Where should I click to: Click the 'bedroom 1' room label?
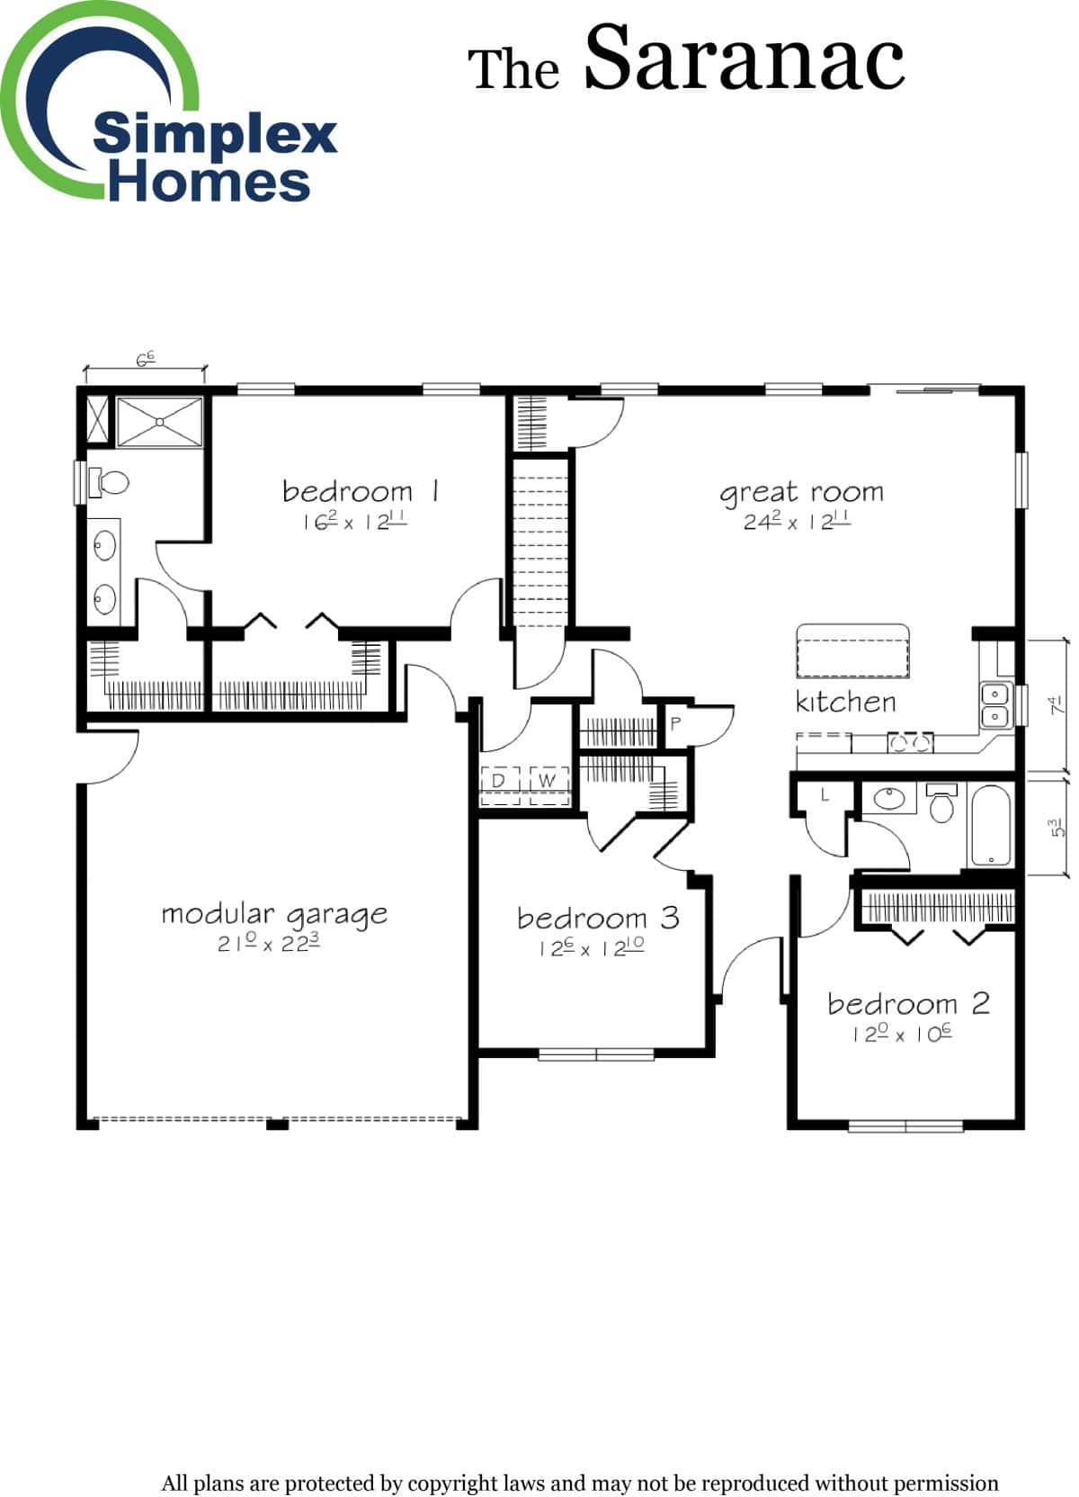[x=360, y=491]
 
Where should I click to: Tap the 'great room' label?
[x=801, y=492]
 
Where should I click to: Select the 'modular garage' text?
[x=274, y=914]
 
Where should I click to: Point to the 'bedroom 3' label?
[x=598, y=918]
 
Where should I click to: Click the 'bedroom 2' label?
[x=908, y=1003]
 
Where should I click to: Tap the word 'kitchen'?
[x=845, y=702]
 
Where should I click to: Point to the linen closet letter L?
[x=825, y=796]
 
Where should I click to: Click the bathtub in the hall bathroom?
[x=990, y=825]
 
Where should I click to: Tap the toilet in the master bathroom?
[x=109, y=482]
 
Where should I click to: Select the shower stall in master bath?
[x=160, y=421]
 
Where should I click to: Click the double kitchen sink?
[x=994, y=705]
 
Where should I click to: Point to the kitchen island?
[x=852, y=651]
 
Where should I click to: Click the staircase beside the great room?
[x=540, y=540]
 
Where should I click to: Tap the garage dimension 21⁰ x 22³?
[x=269, y=944]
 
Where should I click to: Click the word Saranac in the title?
[x=745, y=59]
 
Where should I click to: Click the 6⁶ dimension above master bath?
[x=145, y=359]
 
